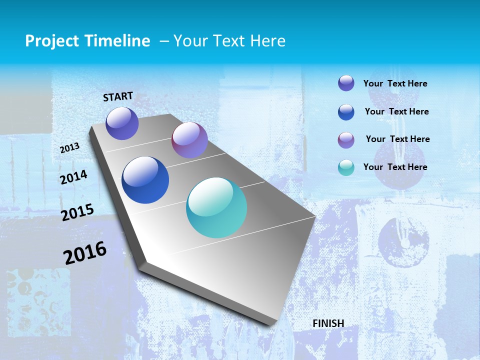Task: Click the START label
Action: [118, 96]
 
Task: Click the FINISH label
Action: [328, 323]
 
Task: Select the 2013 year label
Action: [69, 148]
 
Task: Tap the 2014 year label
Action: [73, 177]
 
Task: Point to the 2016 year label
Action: [85, 253]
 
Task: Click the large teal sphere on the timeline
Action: [216, 207]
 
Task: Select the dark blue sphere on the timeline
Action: [145, 180]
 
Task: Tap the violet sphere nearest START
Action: [122, 123]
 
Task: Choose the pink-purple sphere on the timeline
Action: [189, 140]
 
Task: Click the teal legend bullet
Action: [346, 167]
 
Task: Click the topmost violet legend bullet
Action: [346, 83]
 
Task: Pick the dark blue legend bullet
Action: [346, 112]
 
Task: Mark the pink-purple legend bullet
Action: [346, 140]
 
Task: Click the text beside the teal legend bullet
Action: [395, 167]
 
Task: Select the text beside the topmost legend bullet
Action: [395, 83]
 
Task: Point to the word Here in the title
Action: [267, 41]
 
